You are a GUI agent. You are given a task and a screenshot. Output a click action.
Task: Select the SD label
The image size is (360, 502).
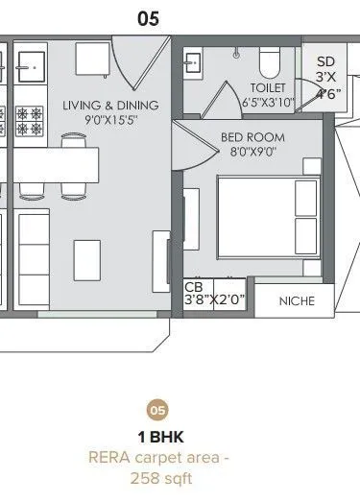click(x=325, y=61)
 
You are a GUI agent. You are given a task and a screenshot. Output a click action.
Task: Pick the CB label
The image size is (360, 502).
click(x=193, y=286)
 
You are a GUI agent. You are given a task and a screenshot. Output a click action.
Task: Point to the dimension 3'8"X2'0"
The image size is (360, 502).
click(x=215, y=299)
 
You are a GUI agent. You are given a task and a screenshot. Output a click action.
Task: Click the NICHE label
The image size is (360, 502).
click(x=297, y=300)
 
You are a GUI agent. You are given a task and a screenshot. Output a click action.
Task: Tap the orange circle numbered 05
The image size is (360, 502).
click(x=157, y=411)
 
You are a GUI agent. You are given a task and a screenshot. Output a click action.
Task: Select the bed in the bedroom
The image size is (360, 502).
click(x=269, y=216)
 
